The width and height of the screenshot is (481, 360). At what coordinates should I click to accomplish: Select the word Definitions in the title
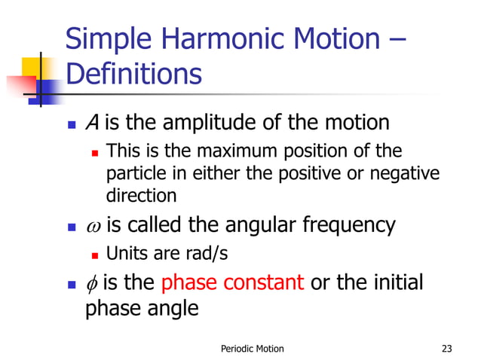[x=133, y=75]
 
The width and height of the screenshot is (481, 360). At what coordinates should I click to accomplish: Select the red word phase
[x=188, y=283]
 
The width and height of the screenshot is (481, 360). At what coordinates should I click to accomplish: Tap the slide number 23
[x=449, y=348]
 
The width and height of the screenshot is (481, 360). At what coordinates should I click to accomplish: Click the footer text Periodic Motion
[x=253, y=348]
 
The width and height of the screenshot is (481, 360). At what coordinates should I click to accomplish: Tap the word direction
[x=141, y=196]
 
